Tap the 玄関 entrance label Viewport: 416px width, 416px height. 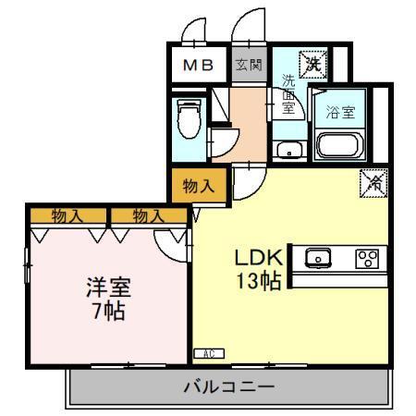247,66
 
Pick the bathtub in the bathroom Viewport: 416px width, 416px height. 343,145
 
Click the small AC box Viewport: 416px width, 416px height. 208,353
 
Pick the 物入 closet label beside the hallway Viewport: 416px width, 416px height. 195,185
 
